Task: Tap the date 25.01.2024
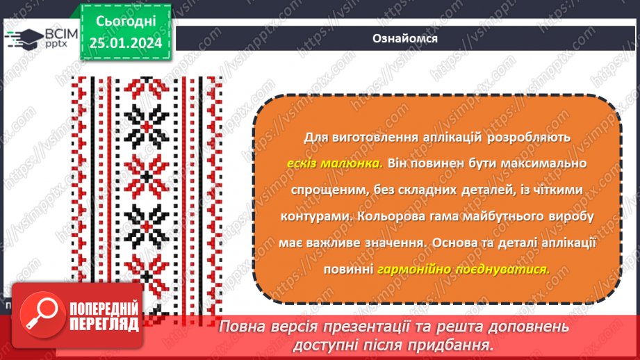coord(125,43)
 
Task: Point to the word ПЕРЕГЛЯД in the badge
coord(104,324)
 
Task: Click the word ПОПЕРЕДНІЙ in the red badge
coord(104,306)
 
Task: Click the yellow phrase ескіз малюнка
coord(334,164)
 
